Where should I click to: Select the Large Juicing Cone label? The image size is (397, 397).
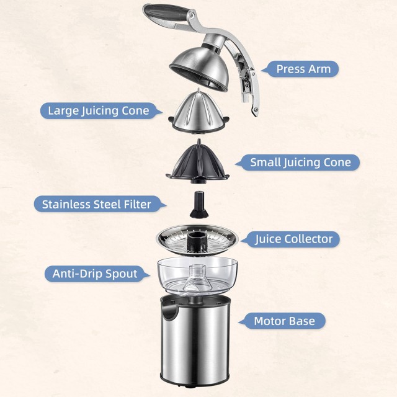pos(99,111)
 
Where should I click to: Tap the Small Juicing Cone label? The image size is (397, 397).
pos(300,163)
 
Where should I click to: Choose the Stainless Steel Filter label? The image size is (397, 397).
pos(96,204)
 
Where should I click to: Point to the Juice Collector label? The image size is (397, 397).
pos(294,239)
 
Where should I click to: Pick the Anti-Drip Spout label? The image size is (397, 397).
pos(94,274)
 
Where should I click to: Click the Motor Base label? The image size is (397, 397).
pos(288,321)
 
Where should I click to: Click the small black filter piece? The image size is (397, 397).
pos(198,205)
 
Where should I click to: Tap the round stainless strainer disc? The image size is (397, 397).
pos(198,239)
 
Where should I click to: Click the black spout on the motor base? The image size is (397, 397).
pos(167,306)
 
